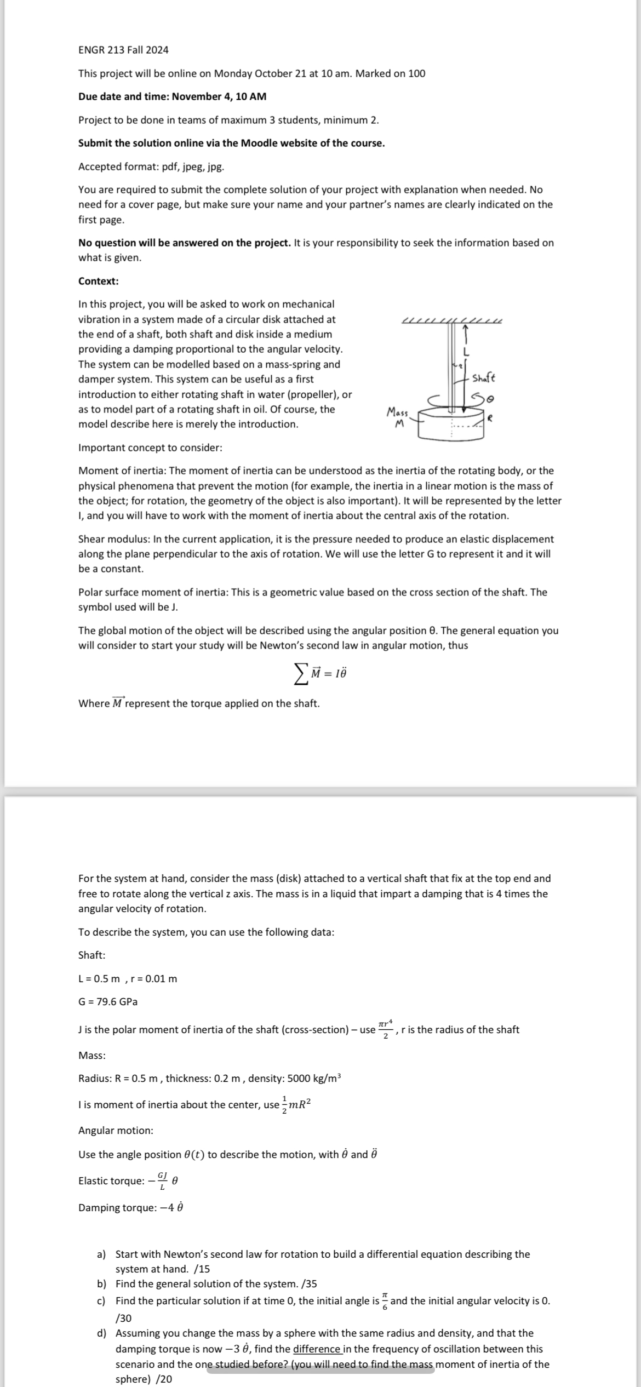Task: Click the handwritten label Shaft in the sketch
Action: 483,378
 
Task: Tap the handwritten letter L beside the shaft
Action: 467,352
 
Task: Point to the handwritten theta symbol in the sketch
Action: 491,396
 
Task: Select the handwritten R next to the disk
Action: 491,417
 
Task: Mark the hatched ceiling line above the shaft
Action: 452,320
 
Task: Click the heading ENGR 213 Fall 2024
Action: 123,50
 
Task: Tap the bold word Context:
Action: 99,281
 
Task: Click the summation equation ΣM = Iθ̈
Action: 321,673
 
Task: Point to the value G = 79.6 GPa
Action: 108,1001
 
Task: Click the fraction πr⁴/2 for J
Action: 385,1029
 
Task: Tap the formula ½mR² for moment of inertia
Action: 296,1104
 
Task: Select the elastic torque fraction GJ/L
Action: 162,1180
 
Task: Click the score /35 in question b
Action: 309,1283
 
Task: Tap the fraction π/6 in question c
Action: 385,1300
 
